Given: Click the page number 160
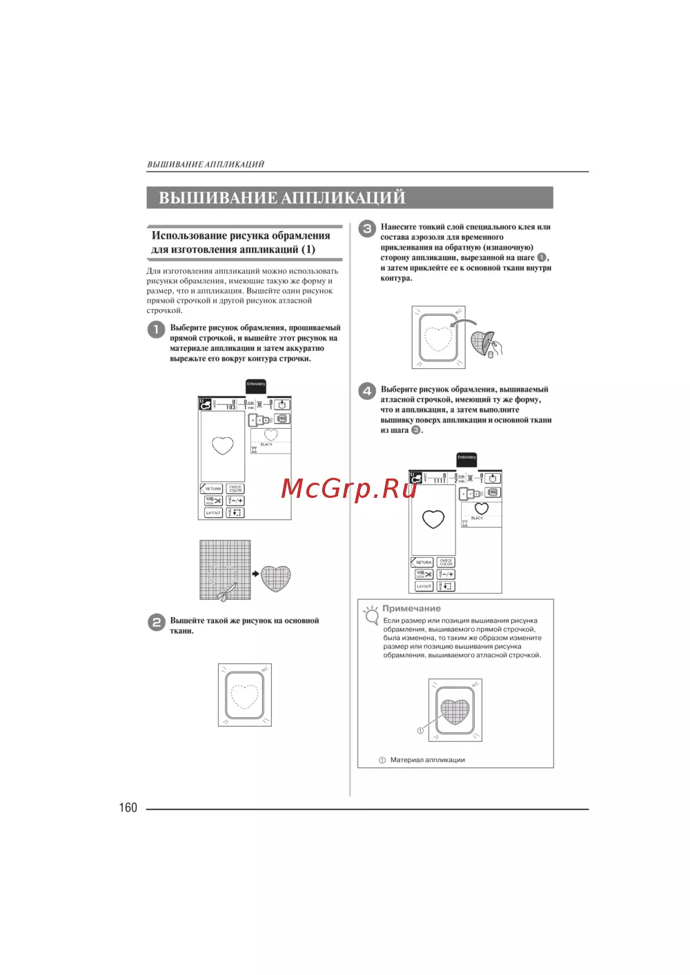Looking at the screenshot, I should pyautogui.click(x=128, y=807).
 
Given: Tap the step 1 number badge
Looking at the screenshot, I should pyautogui.click(x=156, y=329).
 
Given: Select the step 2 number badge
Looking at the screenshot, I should pyautogui.click(x=156, y=622).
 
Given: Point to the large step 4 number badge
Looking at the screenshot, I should pyautogui.click(x=366, y=391).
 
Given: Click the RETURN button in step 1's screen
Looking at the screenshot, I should pyautogui.click(x=211, y=488).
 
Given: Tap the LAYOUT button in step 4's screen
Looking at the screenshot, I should pyautogui.click(x=424, y=586).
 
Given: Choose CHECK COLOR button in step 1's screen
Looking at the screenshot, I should pyautogui.click(x=235, y=488).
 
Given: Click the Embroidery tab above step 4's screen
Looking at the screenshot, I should pyautogui.click(x=466, y=459).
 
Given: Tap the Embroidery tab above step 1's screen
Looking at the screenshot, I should pyautogui.click(x=256, y=385).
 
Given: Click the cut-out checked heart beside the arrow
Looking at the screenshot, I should pyautogui.click(x=276, y=579).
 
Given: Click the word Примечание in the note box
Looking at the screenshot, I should pyautogui.click(x=411, y=608).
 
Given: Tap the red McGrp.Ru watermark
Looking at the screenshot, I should pyautogui.click(x=349, y=488).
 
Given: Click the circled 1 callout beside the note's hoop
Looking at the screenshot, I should pyautogui.click(x=420, y=730).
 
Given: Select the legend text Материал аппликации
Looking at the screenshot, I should pyautogui.click(x=427, y=760).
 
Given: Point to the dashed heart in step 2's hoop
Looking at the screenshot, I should pyautogui.click(x=244, y=696).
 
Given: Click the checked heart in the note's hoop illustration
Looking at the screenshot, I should pyautogui.click(x=455, y=710).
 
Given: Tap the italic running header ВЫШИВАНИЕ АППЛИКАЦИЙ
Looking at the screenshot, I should pyautogui.click(x=206, y=164).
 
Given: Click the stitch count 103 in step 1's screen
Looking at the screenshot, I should pyautogui.click(x=230, y=407).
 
